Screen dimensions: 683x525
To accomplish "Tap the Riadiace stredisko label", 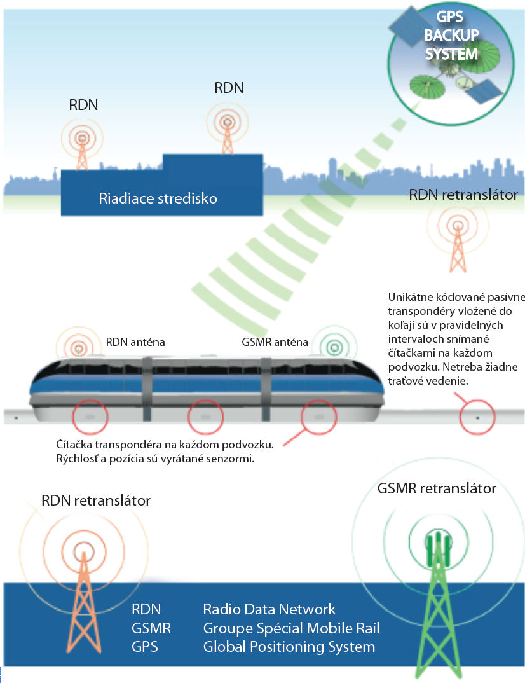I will point(158,198).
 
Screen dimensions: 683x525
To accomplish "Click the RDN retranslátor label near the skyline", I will point(463,195).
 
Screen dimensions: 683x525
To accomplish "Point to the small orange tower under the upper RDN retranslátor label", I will point(456,245).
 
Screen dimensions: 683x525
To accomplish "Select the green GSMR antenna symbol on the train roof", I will point(332,347).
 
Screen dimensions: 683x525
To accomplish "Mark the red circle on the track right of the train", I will point(477,418).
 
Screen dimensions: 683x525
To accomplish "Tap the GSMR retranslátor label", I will point(436,489).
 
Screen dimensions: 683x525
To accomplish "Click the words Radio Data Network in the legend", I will point(269,609).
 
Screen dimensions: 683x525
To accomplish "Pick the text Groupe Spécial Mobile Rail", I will point(291,629).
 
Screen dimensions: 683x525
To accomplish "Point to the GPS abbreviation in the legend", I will point(145,648).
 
